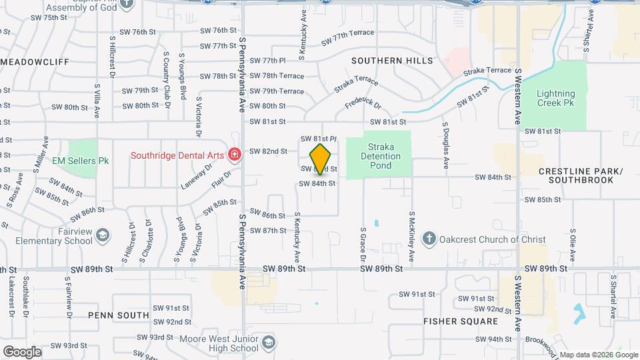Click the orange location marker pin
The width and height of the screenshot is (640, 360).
[x=321, y=159]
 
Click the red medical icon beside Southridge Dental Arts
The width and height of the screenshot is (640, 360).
[x=234, y=155]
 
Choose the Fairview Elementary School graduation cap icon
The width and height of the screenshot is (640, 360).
[x=103, y=235]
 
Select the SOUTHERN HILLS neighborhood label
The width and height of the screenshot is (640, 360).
[x=392, y=61]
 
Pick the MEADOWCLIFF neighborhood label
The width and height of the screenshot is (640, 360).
[x=35, y=61]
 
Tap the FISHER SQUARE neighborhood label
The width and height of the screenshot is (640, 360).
[x=461, y=321]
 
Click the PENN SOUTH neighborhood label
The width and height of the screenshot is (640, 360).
[x=118, y=315]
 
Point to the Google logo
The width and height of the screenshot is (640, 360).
[x=22, y=351]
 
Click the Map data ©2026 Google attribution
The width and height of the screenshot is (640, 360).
[x=598, y=354]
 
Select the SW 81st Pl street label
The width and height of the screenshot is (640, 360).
[x=318, y=139]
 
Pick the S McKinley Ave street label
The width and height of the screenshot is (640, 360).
[x=412, y=237]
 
